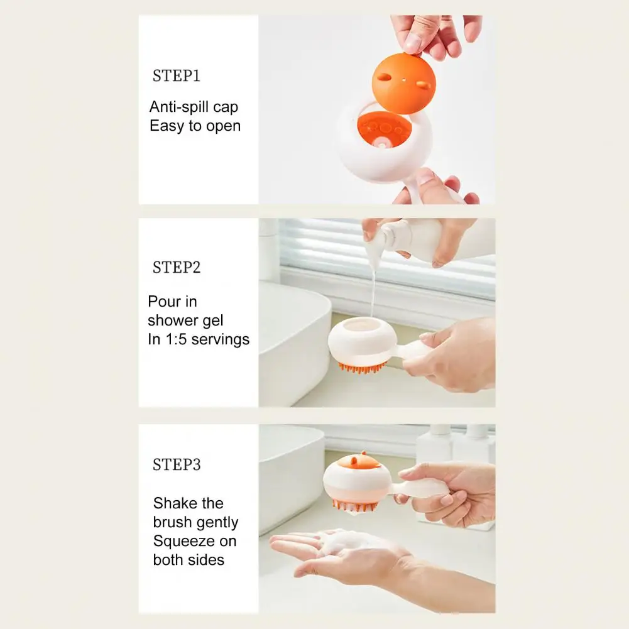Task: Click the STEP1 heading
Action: coord(176,76)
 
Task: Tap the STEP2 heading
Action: coord(176,267)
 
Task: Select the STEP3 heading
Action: coord(177,464)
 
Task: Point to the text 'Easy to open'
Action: coord(195,126)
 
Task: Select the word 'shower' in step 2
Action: coord(172,320)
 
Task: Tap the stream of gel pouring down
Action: coord(373,289)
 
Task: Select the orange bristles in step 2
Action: coord(362,367)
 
